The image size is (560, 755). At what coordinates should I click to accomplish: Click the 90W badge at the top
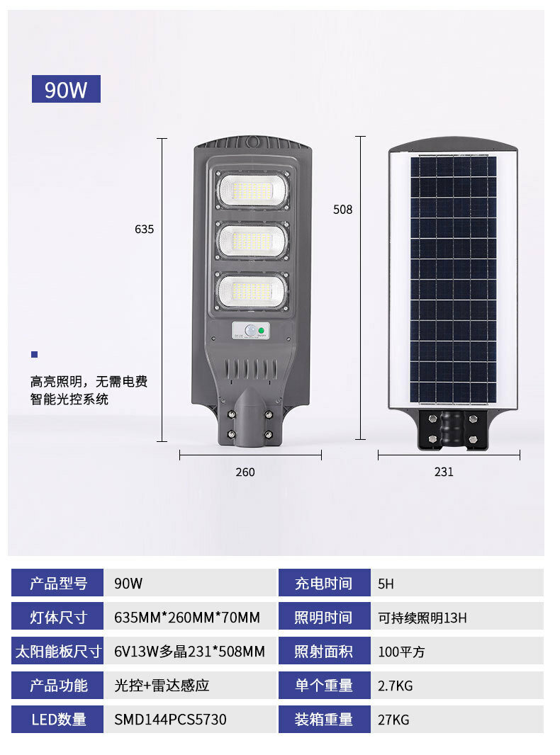[66, 89]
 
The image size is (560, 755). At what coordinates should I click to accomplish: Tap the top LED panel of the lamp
[252, 191]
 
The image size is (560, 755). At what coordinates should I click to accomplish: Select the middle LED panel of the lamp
[252, 240]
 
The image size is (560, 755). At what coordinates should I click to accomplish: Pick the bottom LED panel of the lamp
[252, 291]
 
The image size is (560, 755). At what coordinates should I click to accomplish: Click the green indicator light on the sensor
[261, 330]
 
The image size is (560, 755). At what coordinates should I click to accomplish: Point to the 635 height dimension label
[144, 229]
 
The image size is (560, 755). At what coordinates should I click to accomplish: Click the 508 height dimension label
[342, 210]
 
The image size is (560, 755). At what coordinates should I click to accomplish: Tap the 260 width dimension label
[245, 472]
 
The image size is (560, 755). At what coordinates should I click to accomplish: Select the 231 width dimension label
[444, 472]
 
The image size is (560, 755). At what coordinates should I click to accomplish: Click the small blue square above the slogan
[34, 354]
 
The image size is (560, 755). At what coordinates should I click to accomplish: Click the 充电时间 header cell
[325, 583]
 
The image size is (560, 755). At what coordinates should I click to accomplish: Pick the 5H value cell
[457, 583]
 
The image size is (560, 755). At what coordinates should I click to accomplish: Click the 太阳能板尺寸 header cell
[57, 650]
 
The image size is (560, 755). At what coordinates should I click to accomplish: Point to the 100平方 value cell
[457, 650]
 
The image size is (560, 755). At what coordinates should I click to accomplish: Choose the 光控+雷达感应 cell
[191, 685]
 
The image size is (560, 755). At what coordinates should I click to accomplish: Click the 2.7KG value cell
[457, 685]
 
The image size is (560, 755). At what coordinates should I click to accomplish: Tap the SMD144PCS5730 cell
[191, 720]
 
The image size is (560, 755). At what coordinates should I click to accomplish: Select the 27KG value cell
[457, 720]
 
